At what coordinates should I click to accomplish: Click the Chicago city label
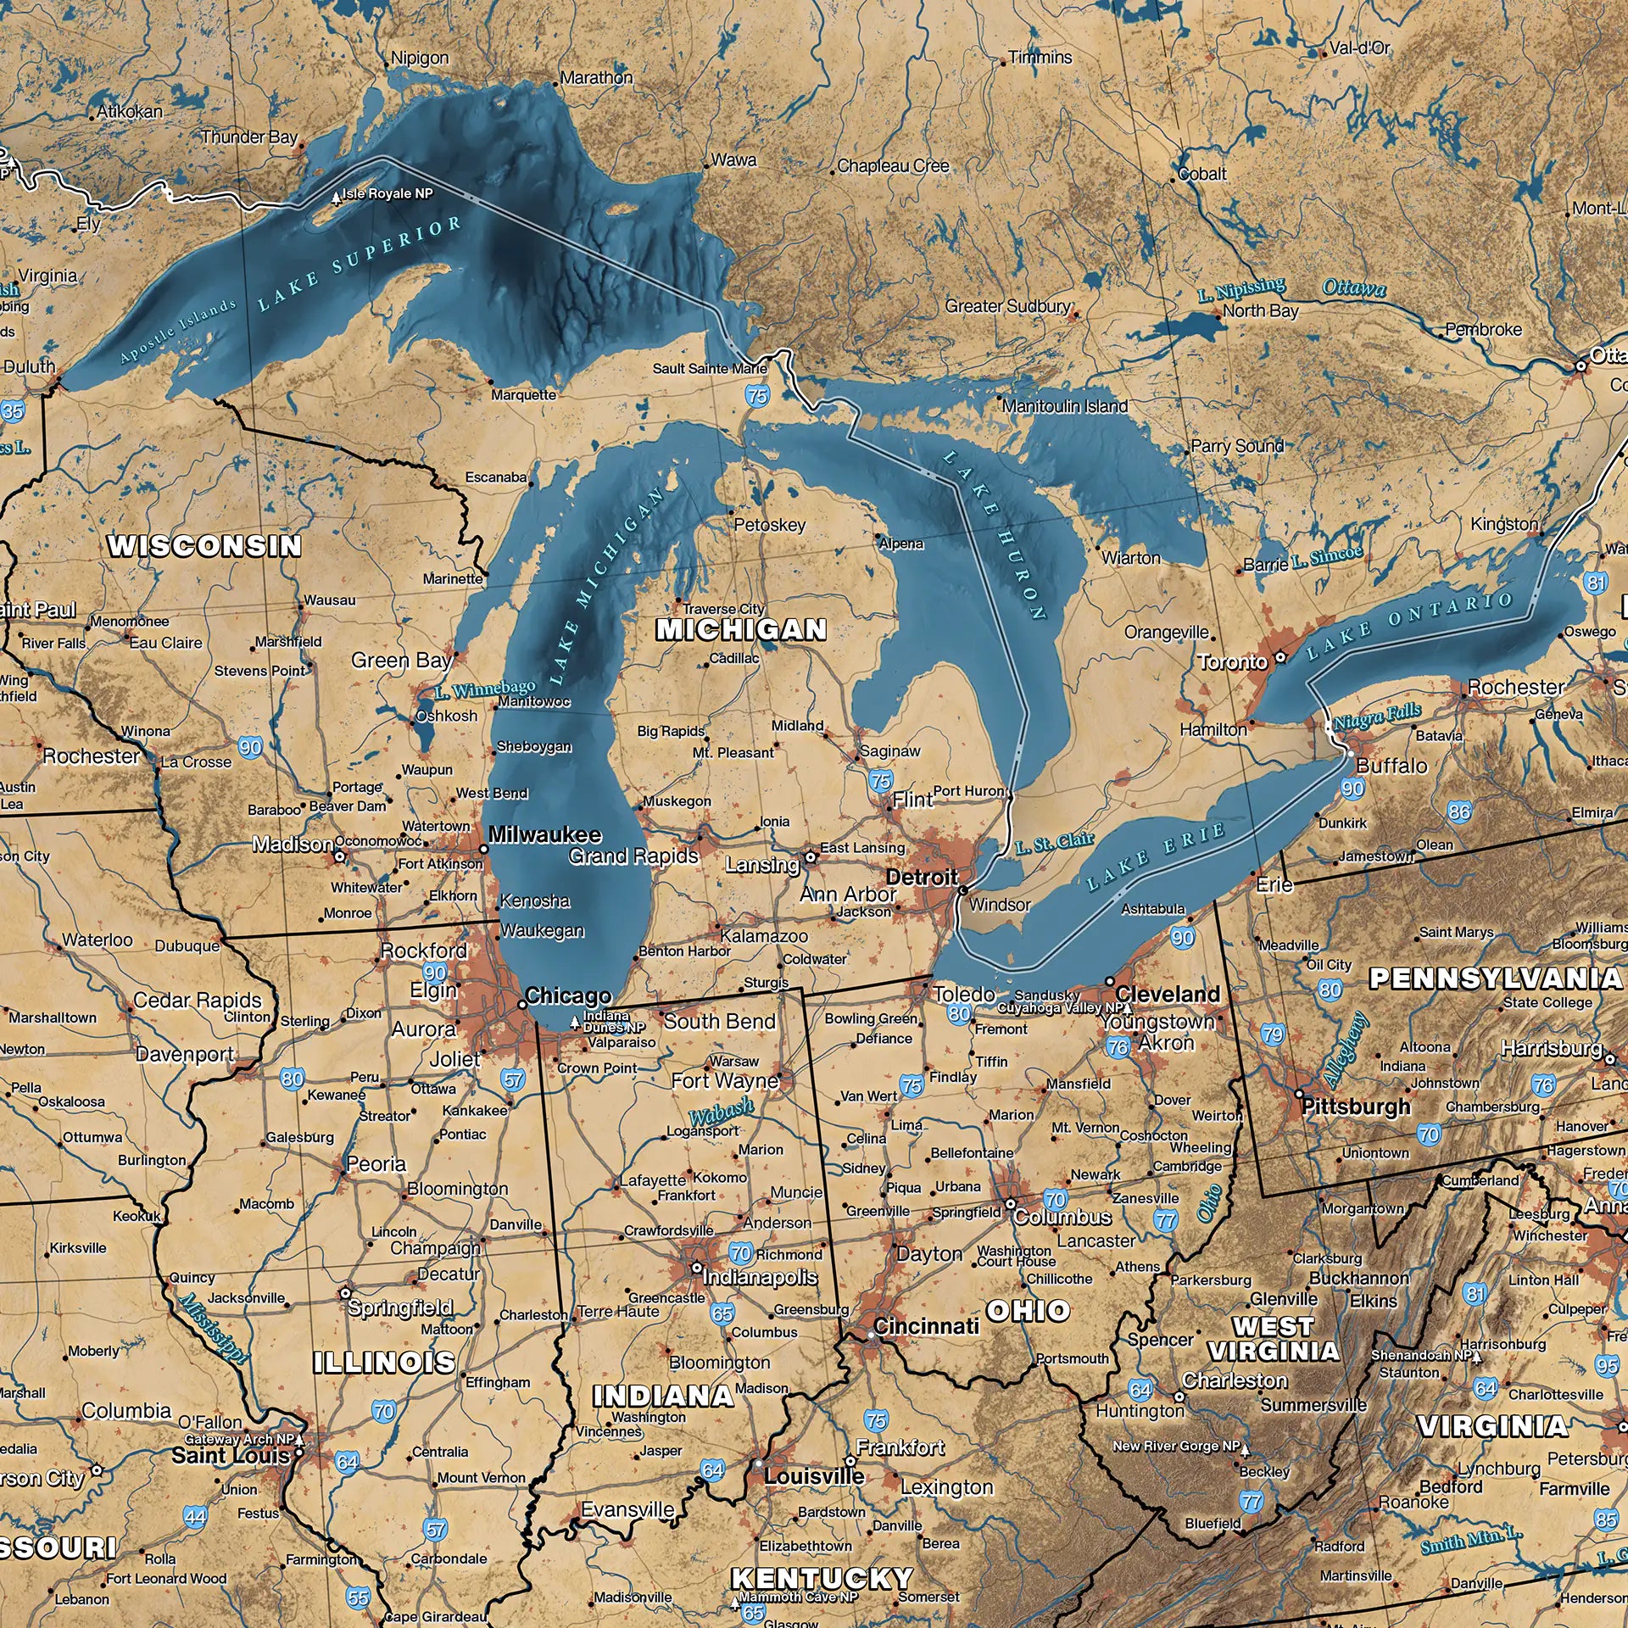point(567,995)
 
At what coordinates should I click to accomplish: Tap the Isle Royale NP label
point(387,194)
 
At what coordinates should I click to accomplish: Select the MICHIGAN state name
point(741,629)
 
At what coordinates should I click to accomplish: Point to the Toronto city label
point(1233,661)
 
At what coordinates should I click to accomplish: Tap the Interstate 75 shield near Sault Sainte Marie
point(757,394)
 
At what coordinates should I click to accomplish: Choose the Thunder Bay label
point(249,137)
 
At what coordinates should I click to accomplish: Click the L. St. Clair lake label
point(1054,843)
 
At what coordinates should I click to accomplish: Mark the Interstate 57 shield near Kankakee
point(514,1079)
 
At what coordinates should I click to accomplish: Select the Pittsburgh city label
point(1356,1106)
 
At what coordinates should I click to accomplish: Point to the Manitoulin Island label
point(1065,406)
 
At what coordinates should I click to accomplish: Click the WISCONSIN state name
point(204,546)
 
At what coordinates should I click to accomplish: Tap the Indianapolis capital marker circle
point(696,1268)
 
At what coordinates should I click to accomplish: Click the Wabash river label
point(721,1112)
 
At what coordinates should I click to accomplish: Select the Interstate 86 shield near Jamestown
point(1458,811)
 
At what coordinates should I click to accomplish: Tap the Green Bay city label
point(401,661)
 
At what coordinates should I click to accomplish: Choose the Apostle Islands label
point(178,331)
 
